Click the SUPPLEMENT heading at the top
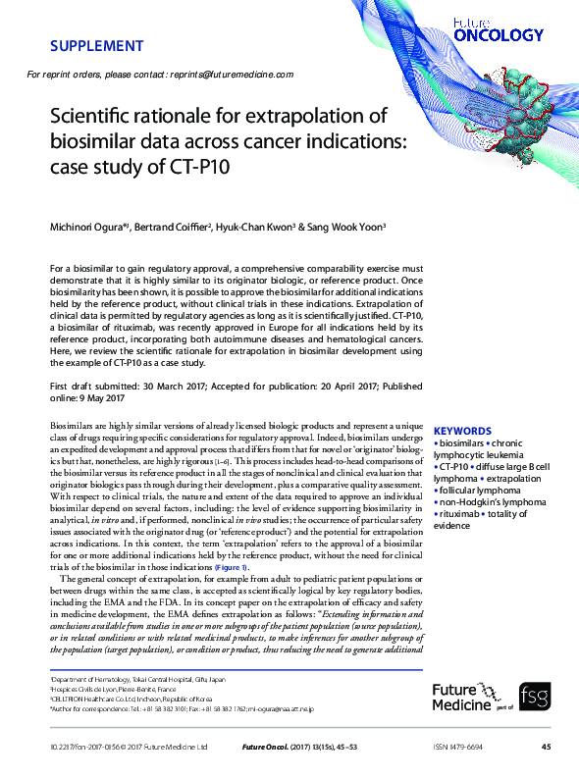coord(96,46)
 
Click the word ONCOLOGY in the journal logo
coord(499,35)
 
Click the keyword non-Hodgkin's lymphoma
coord(485,502)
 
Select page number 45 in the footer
coord(546,748)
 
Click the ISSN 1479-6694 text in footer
coord(459,748)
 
